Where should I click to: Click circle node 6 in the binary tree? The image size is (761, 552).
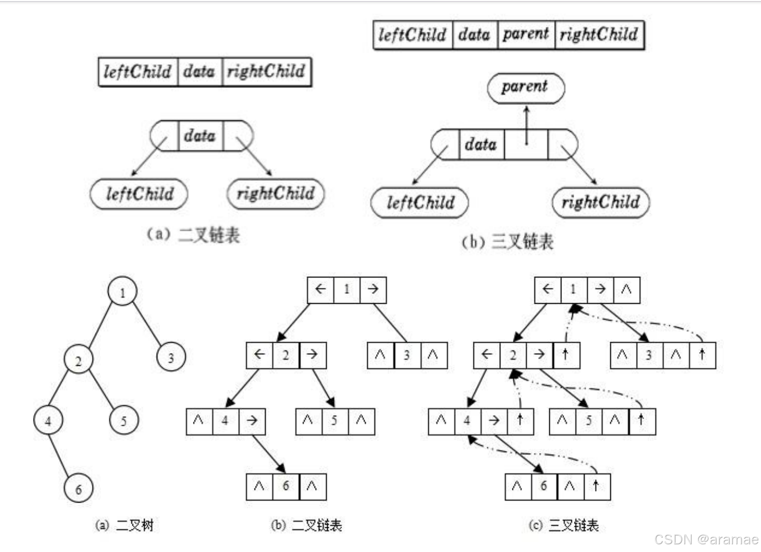(x=78, y=488)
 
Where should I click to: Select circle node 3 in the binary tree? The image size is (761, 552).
(x=170, y=357)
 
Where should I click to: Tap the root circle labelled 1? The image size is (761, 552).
(x=122, y=292)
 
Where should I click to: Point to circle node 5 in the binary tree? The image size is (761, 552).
(x=123, y=421)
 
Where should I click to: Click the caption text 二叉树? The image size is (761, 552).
(x=134, y=525)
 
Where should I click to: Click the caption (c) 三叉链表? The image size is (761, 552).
(x=564, y=525)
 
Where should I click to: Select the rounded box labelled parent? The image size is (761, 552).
(x=526, y=88)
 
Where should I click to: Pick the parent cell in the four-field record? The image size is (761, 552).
(x=526, y=35)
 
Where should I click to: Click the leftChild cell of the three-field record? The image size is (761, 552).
(x=138, y=72)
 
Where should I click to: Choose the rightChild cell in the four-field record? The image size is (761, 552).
(x=599, y=35)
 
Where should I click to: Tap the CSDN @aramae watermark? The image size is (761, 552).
(x=706, y=539)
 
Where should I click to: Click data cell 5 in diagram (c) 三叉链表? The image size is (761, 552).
(x=589, y=421)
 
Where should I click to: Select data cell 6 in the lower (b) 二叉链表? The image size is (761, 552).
(x=285, y=486)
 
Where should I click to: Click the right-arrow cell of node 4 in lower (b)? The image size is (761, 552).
(x=252, y=421)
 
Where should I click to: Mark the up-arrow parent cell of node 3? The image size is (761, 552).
(x=702, y=355)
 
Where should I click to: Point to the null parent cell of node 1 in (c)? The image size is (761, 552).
(x=626, y=289)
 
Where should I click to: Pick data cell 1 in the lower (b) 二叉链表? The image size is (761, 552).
(x=346, y=289)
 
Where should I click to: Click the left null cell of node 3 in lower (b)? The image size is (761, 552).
(x=380, y=355)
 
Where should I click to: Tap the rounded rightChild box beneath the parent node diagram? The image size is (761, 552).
(x=600, y=203)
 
